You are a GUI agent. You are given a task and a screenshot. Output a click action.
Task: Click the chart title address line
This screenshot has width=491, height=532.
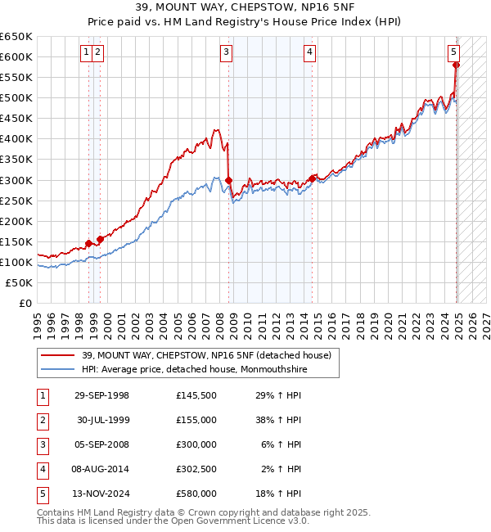pos(245,7)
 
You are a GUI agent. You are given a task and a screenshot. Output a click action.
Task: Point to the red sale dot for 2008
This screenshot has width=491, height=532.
pos(229,180)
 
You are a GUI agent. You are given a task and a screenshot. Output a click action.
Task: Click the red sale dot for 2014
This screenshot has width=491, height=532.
pos(313,178)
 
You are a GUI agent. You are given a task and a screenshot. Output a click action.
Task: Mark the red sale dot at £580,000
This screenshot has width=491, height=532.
pos(457,65)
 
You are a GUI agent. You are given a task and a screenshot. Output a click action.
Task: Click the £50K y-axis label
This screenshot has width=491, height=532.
pos(20,282)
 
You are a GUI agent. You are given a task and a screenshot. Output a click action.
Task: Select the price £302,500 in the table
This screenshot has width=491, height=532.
pos(196,469)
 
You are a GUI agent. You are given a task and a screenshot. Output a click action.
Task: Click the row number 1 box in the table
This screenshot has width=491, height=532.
pos(42,395)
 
